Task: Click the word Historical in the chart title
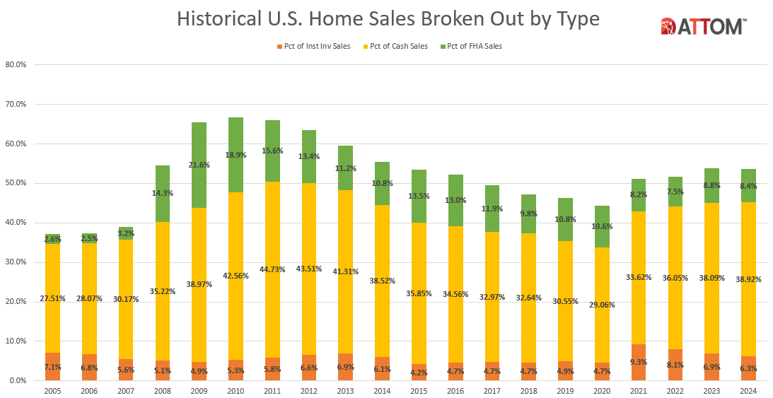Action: [218, 19]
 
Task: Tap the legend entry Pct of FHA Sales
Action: [473, 47]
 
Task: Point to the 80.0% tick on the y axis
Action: [16, 64]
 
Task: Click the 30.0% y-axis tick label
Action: [16, 262]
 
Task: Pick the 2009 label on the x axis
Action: [199, 390]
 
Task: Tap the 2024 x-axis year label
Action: [749, 390]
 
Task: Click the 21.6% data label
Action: [199, 165]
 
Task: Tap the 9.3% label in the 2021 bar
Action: [639, 362]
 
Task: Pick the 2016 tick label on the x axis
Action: [455, 390]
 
